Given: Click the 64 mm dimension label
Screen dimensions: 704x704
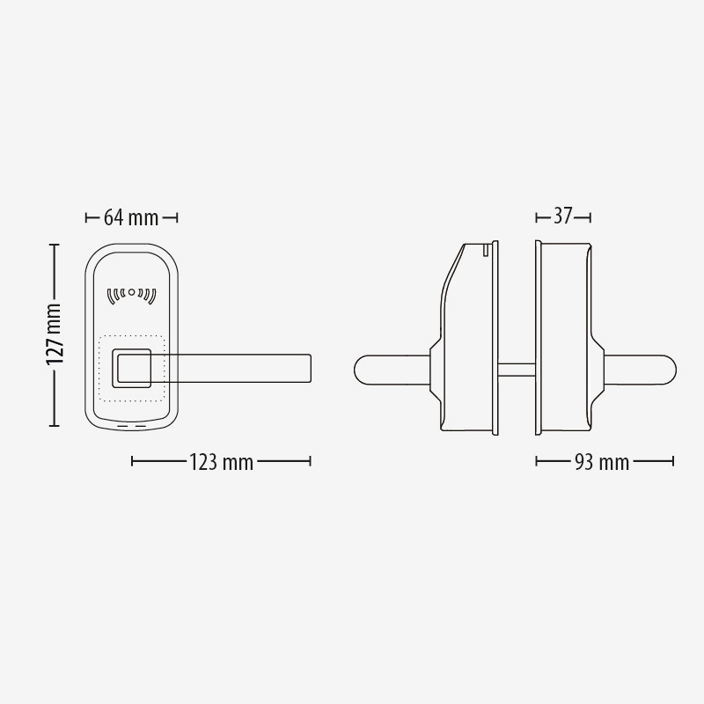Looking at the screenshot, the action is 131,217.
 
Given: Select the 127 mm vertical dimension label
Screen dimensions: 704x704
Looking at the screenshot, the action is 54,334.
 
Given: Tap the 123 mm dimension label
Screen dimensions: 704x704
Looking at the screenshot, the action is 221,462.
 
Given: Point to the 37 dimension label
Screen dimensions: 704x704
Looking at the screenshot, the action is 563,216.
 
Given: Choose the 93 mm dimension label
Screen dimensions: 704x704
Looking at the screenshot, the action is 602,462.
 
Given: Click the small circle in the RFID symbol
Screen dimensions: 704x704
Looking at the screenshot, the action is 131,292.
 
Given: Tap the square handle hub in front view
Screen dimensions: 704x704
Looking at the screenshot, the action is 131,368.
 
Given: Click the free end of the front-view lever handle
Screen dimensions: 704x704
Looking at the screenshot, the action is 311,369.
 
